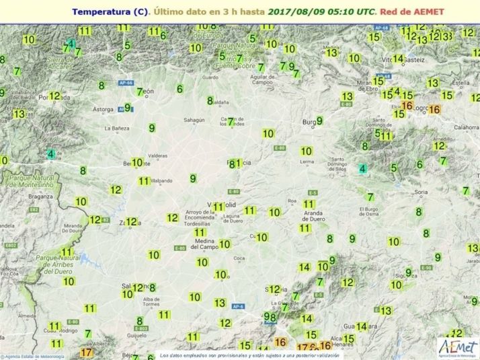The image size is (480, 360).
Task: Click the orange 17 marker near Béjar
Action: (86, 352)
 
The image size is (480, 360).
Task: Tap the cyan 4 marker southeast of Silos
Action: (363, 169)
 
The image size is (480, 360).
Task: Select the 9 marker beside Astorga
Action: (127, 107)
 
